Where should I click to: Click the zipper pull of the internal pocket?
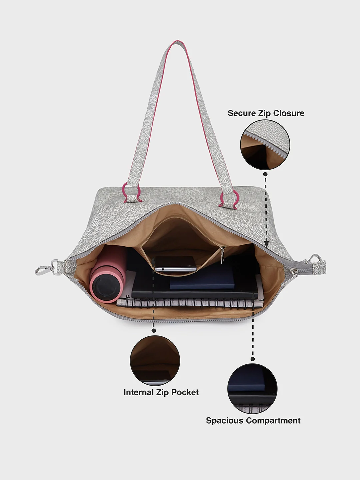click(x=223, y=254)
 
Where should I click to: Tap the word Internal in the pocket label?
click(x=139, y=392)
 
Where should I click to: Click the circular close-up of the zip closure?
click(x=265, y=145)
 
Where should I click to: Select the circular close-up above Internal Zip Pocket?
click(x=155, y=361)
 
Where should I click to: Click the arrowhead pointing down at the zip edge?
click(x=266, y=244)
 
